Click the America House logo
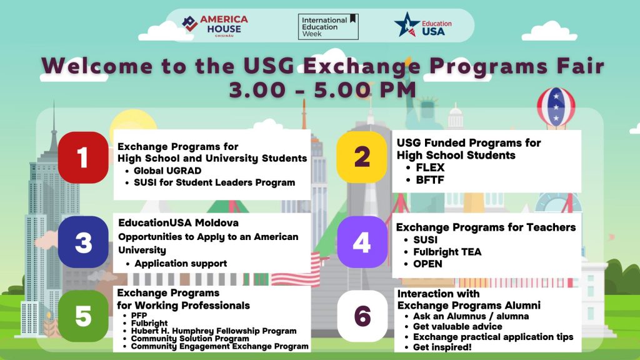pyautogui.click(x=215, y=26)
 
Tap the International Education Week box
pyautogui.click(x=328, y=26)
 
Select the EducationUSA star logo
pyautogui.click(x=406, y=25)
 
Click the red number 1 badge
pyautogui.click(x=83, y=157)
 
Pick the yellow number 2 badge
pyautogui.click(x=362, y=157)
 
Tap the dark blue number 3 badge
pyautogui.click(x=83, y=242)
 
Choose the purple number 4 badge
pyautogui.click(x=362, y=242)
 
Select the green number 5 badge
pyautogui.click(x=83, y=316)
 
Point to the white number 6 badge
pyautogui.click(x=362, y=316)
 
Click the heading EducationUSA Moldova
pyautogui.click(x=178, y=223)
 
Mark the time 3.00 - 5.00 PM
pyautogui.click(x=322, y=90)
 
